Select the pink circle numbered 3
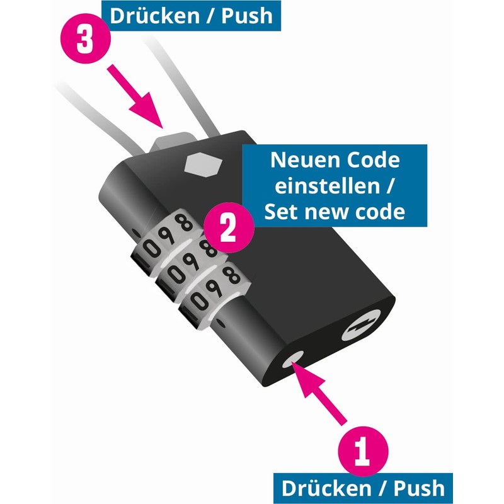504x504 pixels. [87, 39]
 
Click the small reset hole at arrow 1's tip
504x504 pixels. [294, 361]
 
